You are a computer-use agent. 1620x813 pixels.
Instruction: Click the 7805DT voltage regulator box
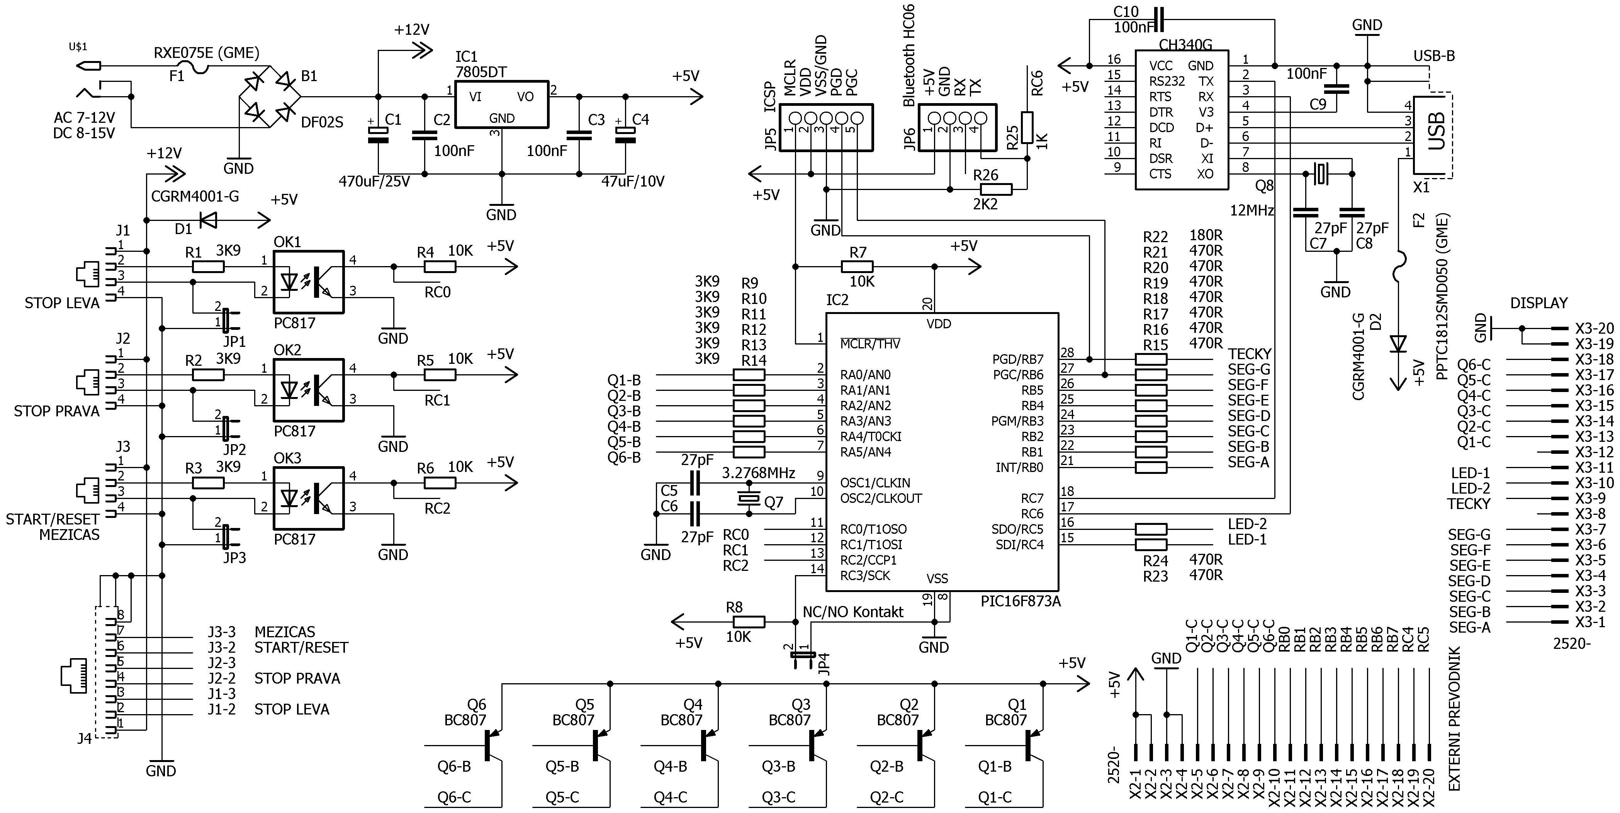coord(501,104)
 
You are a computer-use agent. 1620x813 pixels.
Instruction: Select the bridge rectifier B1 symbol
coord(270,97)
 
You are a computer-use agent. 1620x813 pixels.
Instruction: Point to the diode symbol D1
coord(207,220)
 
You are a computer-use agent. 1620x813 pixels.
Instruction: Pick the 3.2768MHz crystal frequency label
coord(758,473)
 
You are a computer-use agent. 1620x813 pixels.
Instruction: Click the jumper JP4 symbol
coord(802,655)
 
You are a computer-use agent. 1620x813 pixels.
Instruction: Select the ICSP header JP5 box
coord(826,127)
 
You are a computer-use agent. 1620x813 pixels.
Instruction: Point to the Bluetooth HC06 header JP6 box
coord(957,127)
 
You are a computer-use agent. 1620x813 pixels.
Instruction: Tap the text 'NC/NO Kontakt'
coord(853,612)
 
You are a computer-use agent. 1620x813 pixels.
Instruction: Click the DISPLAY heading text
coord(1539,303)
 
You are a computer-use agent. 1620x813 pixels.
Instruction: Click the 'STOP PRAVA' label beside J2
coord(57,411)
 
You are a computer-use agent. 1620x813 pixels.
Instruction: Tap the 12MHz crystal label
coord(1252,210)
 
